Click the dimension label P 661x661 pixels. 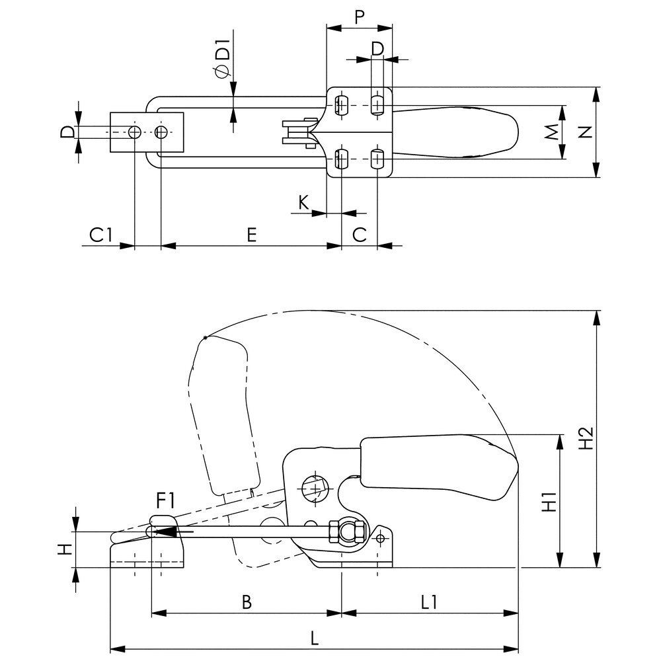tap(359, 17)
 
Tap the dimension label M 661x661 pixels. tap(552, 132)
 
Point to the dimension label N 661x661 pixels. tap(585, 132)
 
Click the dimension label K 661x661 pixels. tap(303, 202)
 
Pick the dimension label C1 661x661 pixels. tap(100, 235)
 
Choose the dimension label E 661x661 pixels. tap(251, 235)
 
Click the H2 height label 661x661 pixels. tap(586, 438)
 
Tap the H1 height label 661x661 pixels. tap(549, 501)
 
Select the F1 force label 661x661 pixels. tap(165, 501)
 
